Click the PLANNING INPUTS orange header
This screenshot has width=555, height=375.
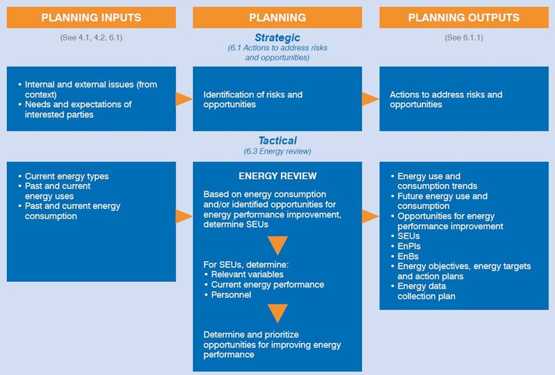click(91, 17)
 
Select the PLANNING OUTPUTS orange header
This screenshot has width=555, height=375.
click(463, 17)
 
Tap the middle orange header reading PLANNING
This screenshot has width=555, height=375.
click(277, 17)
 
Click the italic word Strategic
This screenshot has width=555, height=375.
click(277, 37)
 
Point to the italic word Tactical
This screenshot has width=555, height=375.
click(277, 141)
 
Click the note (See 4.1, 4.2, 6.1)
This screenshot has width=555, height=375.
click(91, 37)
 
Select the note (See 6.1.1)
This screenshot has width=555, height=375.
click(463, 37)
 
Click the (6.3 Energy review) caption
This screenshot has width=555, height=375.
click(277, 151)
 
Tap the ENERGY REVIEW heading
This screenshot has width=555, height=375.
click(277, 176)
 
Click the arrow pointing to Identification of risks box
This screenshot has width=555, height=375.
click(184, 99)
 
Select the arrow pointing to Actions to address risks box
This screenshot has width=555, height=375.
click(370, 99)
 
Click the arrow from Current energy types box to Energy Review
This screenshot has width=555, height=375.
click(184, 217)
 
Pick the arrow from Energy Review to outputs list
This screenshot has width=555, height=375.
click(370, 217)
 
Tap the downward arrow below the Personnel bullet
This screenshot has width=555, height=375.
click(277, 313)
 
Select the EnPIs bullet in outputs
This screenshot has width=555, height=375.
click(409, 247)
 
